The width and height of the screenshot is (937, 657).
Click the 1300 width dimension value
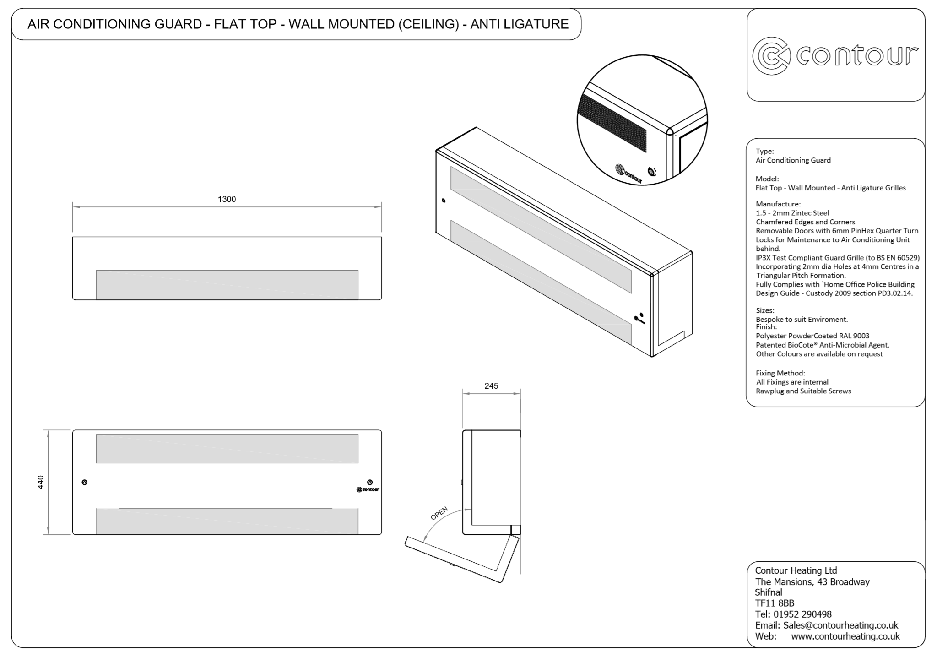pos(227,199)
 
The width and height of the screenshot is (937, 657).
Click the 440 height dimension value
pos(41,482)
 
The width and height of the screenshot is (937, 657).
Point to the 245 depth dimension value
pos(491,386)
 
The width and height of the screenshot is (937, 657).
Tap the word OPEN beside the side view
pos(439,514)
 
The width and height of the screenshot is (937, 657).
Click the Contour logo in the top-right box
pos(835,55)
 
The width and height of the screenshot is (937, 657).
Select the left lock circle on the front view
pos(84,482)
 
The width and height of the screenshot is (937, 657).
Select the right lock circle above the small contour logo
pos(370,482)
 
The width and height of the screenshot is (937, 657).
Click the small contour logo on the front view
pos(368,489)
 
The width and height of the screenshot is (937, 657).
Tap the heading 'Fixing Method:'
pos(780,373)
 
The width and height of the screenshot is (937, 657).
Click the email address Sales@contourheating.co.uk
pos(840,625)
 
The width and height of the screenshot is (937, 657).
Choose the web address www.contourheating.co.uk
pos(845,636)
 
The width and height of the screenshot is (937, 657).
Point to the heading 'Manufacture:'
pos(778,204)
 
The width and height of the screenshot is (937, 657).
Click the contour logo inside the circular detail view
pos(628,174)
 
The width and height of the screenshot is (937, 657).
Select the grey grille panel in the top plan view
pos(227,285)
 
